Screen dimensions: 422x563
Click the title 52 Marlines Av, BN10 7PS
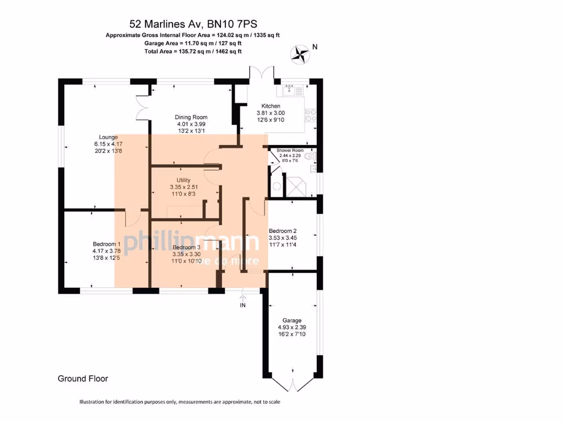point(193,24)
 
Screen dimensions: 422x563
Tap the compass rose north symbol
point(300,53)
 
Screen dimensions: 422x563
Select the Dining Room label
point(191,117)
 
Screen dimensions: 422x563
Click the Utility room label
point(184,180)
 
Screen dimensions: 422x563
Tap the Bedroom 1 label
point(107,244)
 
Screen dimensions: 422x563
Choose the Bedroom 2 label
point(283,231)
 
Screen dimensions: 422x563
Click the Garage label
point(292,320)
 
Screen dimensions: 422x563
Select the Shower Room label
point(290,150)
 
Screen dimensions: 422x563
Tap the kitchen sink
point(290,90)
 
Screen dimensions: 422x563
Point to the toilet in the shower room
point(311,157)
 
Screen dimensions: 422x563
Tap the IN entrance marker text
point(242,305)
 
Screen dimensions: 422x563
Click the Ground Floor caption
point(83,379)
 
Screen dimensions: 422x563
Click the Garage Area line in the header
point(193,43)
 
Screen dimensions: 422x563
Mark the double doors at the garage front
point(292,384)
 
